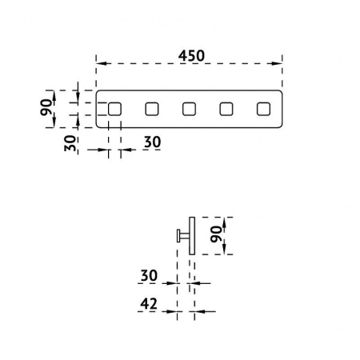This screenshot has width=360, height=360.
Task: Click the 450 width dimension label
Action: [x=191, y=56]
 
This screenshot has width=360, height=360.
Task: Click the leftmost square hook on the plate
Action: [x=114, y=109]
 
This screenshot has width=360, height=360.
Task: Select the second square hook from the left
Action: [x=152, y=109]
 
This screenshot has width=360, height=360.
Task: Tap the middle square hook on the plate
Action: [x=190, y=109]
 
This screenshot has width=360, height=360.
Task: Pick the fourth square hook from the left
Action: [x=226, y=109]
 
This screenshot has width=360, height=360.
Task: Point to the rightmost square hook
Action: [x=263, y=109]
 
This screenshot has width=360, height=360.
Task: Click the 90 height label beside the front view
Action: [x=46, y=107]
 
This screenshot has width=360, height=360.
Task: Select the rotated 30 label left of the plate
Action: [x=70, y=143]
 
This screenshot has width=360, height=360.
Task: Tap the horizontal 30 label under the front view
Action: [x=153, y=142]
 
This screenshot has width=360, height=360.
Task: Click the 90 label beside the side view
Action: [x=216, y=234]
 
